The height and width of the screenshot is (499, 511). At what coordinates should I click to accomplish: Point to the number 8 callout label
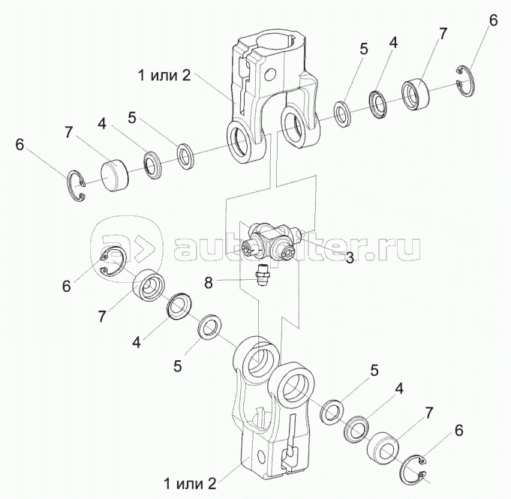[x=209, y=281]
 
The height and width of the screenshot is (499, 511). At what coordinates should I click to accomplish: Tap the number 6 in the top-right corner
[x=492, y=20]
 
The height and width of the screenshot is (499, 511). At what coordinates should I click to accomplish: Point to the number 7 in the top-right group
[x=443, y=34]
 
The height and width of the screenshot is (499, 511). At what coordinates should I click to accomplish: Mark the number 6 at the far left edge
[x=20, y=144]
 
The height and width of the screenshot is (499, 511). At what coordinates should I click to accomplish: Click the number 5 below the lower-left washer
[x=177, y=366]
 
